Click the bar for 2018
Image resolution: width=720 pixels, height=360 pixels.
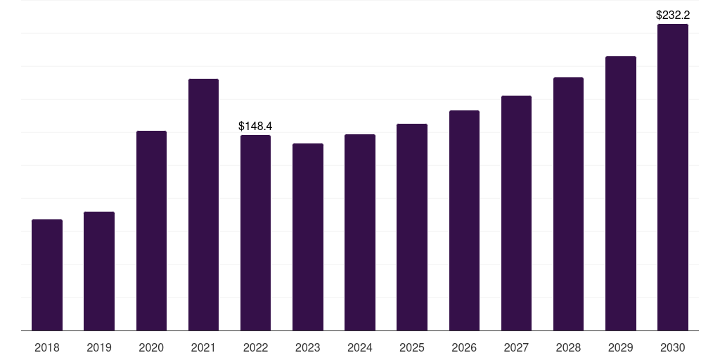click(x=47, y=275)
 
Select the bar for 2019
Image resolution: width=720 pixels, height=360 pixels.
click(x=99, y=271)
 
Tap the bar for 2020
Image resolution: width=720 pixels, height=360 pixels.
click(x=152, y=231)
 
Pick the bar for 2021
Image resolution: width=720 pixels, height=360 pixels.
click(x=203, y=205)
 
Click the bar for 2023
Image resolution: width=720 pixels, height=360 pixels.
click(x=308, y=237)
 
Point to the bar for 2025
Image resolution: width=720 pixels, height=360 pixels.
click(x=412, y=227)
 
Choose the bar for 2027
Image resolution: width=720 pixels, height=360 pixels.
click(x=516, y=213)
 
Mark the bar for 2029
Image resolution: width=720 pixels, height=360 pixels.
click(x=621, y=193)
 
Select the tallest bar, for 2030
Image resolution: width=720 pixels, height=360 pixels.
click(x=673, y=177)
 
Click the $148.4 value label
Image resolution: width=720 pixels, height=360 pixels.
click(x=255, y=127)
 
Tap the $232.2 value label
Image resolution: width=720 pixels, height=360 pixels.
click(x=673, y=15)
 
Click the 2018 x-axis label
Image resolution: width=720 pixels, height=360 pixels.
click(x=47, y=347)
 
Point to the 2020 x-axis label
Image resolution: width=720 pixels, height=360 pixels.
click(x=151, y=347)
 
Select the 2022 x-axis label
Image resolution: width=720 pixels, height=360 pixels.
click(x=255, y=347)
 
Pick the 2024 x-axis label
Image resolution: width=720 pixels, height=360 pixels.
click(x=359, y=347)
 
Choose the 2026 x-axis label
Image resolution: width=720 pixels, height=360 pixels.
click(x=464, y=347)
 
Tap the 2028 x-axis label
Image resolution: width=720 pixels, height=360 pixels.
click(x=568, y=347)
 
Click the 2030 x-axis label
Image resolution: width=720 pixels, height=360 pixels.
click(x=673, y=347)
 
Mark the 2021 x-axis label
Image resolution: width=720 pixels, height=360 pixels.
click(x=203, y=347)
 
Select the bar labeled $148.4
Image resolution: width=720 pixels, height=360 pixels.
click(x=255, y=233)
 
